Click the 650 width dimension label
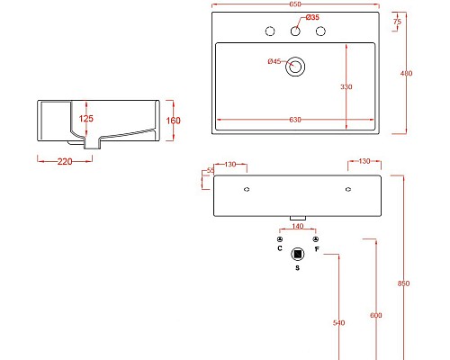(295, 5)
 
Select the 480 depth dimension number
(406, 74)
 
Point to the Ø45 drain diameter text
(274, 61)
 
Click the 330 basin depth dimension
(346, 87)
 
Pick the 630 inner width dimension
(295, 119)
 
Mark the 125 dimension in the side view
(86, 119)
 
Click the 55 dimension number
(211, 170)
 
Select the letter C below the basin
(280, 248)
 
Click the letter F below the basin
(317, 248)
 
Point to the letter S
(298, 268)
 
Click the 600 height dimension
(375, 315)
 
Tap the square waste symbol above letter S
(298, 254)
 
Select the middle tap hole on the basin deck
(295, 31)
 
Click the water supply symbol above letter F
(316, 238)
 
